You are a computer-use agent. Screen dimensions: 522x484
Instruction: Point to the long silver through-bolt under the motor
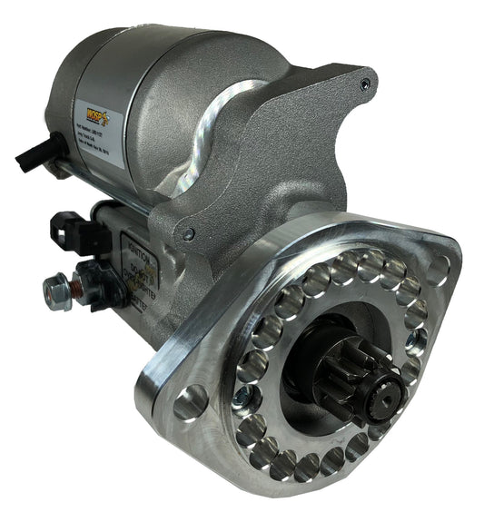pyautogui.click(x=100, y=187)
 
